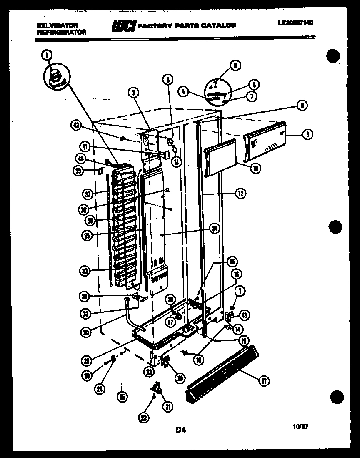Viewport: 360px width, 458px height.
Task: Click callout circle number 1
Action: (47, 54)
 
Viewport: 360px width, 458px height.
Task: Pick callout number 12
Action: (240, 193)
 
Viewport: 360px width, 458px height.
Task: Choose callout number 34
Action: (214, 228)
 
